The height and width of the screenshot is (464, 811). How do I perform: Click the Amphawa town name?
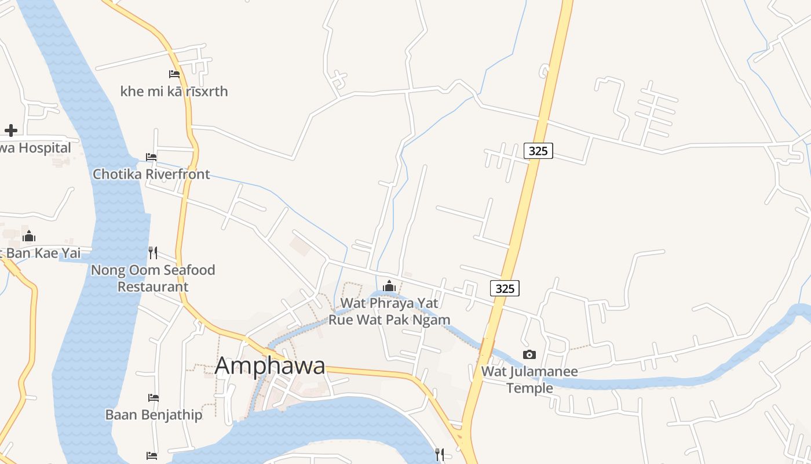click(x=270, y=366)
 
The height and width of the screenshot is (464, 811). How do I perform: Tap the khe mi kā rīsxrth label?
click(x=174, y=92)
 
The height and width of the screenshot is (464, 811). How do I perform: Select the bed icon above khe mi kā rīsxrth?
click(x=174, y=74)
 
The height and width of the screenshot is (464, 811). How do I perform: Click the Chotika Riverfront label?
click(x=151, y=174)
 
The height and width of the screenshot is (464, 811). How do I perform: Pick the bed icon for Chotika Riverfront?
click(x=151, y=157)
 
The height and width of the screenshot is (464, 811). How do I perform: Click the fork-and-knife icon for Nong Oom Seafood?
click(x=153, y=252)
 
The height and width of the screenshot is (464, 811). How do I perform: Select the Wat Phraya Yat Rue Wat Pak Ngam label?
click(x=389, y=311)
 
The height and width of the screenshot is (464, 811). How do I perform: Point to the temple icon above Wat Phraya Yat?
click(x=389, y=286)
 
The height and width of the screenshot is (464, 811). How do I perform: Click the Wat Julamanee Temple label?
click(x=529, y=379)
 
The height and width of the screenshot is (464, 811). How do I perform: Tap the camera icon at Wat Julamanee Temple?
click(x=529, y=354)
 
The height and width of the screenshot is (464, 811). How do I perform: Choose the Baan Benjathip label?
click(x=154, y=415)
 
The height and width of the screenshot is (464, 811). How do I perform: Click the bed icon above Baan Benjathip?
click(x=154, y=397)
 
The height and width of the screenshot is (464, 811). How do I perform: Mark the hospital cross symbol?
click(x=10, y=130)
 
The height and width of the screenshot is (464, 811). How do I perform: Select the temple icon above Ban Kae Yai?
click(x=29, y=236)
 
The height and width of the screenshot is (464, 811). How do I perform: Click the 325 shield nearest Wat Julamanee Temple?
click(x=505, y=288)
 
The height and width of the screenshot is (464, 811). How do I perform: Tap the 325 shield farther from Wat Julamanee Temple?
click(x=538, y=151)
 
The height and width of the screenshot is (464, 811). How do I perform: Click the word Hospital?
click(x=44, y=148)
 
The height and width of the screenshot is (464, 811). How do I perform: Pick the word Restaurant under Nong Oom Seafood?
click(x=153, y=287)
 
